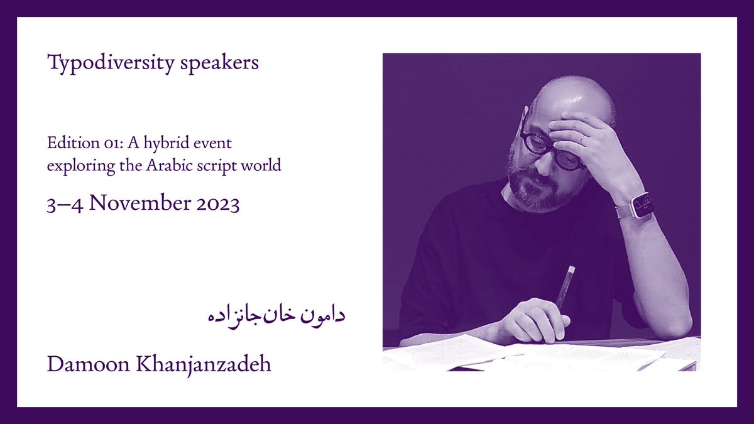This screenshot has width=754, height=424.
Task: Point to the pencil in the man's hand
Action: pos(565,286)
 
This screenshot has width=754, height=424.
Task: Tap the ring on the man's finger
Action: pos(582,139)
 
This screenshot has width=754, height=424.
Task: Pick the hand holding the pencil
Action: pos(534,320)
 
